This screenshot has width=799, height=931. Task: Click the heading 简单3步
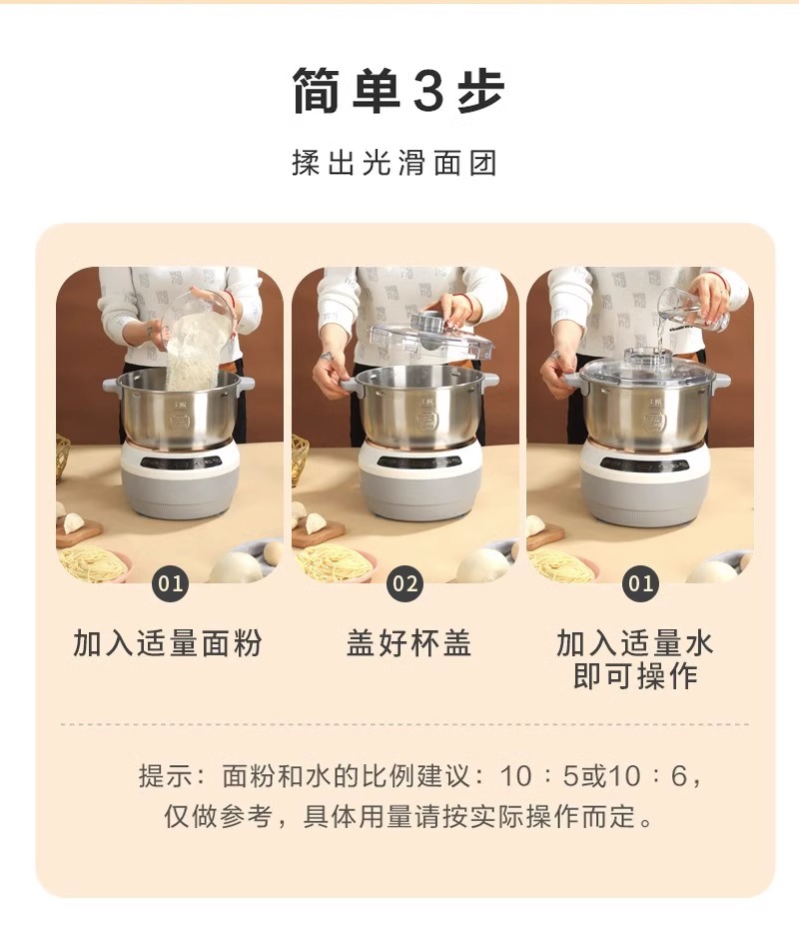coord(399,90)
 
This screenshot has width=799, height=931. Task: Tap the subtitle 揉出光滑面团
coord(395,163)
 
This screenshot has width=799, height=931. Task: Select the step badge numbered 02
coord(404,584)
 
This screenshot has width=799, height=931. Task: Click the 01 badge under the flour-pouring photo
coord(170,584)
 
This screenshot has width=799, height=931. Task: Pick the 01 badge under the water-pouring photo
coord(640,584)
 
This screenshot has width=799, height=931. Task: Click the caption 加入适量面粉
coord(168,643)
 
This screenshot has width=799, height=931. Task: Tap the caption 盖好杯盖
coord(408,643)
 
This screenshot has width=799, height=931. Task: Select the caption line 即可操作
coord(634,676)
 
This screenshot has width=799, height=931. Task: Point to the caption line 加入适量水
coord(634,643)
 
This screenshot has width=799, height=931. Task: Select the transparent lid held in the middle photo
coord(431,335)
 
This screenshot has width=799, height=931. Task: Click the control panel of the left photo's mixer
coord(181,462)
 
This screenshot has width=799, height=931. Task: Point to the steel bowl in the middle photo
coord(420,408)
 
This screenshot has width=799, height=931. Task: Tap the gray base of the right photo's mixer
coord(644,495)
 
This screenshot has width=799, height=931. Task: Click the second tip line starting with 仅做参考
coord(409,816)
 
